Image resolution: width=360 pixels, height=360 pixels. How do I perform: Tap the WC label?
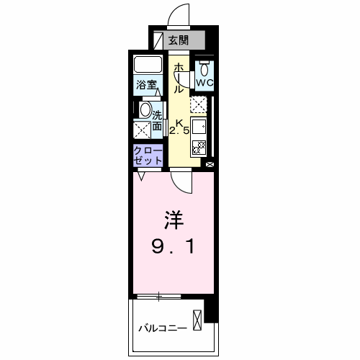(204, 84)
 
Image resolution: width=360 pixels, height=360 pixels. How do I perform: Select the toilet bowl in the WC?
(205, 69)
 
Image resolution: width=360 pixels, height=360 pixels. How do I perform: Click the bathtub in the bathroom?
(148, 66)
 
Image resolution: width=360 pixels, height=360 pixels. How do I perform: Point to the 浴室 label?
(148, 85)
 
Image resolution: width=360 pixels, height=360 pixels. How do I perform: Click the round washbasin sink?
(145, 111)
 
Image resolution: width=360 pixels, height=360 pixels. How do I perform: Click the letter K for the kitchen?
(179, 122)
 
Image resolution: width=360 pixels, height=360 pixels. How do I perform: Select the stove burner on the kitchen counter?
(199, 148)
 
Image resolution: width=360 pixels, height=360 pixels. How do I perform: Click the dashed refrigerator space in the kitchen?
(199, 104)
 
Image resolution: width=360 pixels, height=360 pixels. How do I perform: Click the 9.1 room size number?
(173, 247)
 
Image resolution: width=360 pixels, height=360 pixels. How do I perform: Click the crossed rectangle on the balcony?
(197, 319)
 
